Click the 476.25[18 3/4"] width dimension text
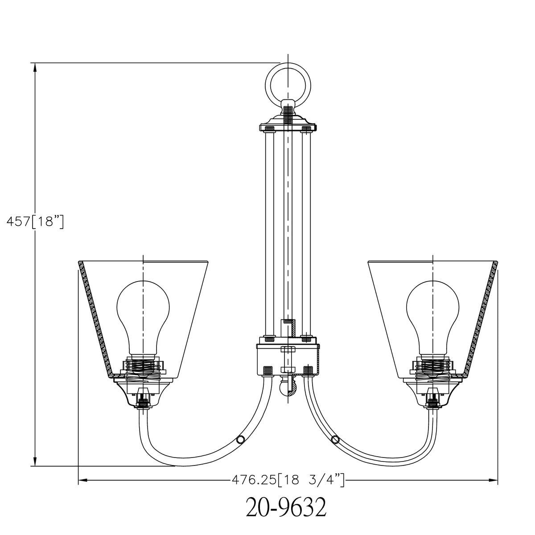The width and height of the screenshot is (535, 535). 288,480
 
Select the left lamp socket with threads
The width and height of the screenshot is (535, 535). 143,367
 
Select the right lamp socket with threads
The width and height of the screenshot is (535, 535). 433,367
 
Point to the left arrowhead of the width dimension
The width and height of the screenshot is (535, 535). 82,480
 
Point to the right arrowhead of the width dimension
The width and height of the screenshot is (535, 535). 494,480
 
